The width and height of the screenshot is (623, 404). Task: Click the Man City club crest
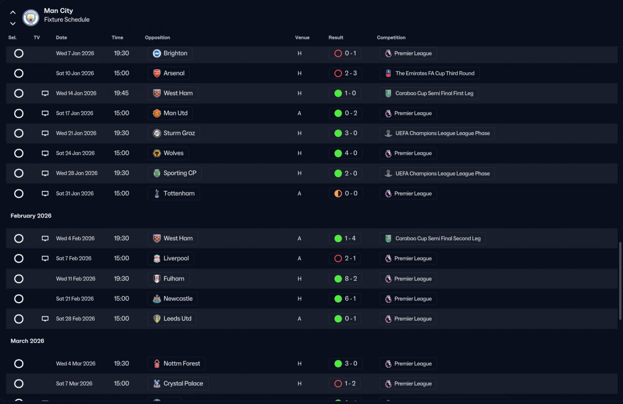pyautogui.click(x=31, y=18)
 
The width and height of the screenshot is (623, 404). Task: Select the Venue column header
pyautogui.click(x=302, y=37)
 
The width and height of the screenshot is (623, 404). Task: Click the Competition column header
pyautogui.click(x=391, y=37)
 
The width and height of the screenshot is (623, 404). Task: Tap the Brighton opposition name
pyautogui.click(x=175, y=53)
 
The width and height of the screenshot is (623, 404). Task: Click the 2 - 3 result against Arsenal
pyautogui.click(x=351, y=73)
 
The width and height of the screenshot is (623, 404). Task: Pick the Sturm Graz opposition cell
pyautogui.click(x=174, y=133)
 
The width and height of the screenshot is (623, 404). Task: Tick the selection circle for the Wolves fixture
pyautogui.click(x=18, y=153)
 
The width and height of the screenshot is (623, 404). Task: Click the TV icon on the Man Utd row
pyautogui.click(x=45, y=113)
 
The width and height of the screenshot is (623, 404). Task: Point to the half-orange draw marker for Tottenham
pyautogui.click(x=338, y=193)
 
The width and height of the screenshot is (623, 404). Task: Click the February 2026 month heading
pyautogui.click(x=31, y=216)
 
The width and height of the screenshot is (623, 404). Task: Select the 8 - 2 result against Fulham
pyautogui.click(x=351, y=278)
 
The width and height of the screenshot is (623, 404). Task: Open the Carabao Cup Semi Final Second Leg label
pyautogui.click(x=438, y=239)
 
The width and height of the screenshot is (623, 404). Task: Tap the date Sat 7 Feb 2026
pyautogui.click(x=73, y=258)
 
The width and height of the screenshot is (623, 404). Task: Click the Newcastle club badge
pyautogui.click(x=157, y=298)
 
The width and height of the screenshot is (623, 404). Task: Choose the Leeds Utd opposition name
pyautogui.click(x=178, y=319)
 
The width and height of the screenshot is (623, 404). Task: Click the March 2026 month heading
pyautogui.click(x=27, y=341)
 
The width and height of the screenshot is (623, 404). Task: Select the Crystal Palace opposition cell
pyautogui.click(x=178, y=384)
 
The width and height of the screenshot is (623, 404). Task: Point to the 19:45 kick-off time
pyautogui.click(x=121, y=93)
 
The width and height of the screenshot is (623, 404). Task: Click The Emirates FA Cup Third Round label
pyautogui.click(x=435, y=73)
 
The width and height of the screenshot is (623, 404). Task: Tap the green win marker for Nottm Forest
pyautogui.click(x=338, y=364)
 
